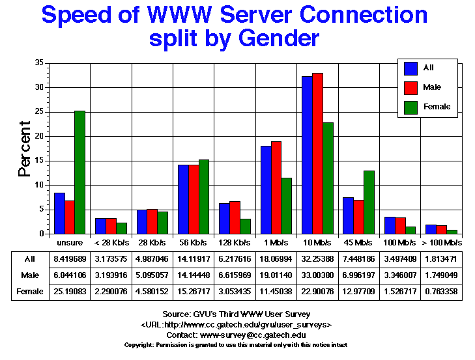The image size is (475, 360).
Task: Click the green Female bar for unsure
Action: (79, 173)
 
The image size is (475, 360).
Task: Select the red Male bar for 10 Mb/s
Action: (317, 154)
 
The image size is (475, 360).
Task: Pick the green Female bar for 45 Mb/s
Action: (369, 202)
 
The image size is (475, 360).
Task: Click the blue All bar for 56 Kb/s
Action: (183, 199)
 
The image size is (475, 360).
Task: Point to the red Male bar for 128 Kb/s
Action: (235, 217)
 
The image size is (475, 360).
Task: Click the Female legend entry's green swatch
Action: (411, 107)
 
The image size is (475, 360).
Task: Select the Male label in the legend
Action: (431, 87)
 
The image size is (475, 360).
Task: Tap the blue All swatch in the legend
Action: (411, 68)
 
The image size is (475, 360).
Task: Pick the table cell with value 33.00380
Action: (317, 275)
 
